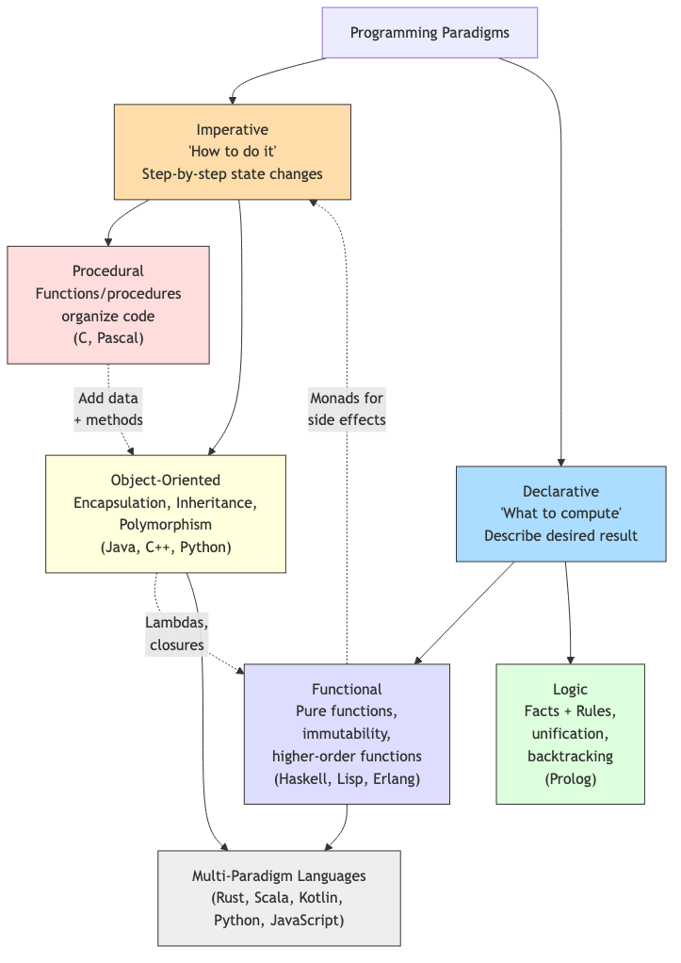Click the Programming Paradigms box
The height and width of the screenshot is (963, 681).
point(430,33)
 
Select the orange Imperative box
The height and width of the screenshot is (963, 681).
point(232,152)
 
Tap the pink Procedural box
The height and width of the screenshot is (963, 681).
point(108,304)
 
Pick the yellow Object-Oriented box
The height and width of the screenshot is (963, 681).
point(166,514)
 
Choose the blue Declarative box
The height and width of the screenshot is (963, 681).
point(560,514)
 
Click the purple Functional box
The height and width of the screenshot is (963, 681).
point(347,734)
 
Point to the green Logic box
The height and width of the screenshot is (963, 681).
point(570,734)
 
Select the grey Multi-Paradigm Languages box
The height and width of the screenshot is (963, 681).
point(279,897)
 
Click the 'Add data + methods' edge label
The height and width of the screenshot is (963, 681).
point(108,409)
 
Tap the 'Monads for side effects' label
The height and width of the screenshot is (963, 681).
point(347,409)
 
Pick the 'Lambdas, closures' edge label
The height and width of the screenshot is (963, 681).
point(177,633)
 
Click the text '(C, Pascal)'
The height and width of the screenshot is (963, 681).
point(108,339)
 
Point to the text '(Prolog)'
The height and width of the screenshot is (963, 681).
point(570,779)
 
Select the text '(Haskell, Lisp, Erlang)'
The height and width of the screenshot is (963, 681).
point(347,779)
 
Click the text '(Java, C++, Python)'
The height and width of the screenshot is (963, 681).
point(166,547)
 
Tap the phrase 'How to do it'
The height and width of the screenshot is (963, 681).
point(232,152)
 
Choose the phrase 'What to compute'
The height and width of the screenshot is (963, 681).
point(560,514)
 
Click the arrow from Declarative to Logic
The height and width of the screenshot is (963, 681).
point(568,612)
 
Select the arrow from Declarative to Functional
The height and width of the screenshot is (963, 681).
point(464,612)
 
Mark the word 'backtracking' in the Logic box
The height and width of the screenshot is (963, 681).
point(570,756)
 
